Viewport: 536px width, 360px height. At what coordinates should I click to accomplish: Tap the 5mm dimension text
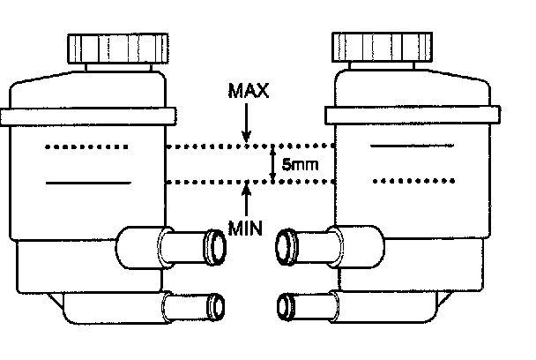297,164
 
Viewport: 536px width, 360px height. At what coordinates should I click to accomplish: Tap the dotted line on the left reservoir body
87,146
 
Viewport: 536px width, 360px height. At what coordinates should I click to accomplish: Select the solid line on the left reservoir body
87,183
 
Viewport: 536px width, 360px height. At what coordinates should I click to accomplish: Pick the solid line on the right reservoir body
413,146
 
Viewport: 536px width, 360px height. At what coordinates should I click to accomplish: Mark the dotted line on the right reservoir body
413,182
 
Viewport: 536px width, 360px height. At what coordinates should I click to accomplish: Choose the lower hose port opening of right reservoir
286,306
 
